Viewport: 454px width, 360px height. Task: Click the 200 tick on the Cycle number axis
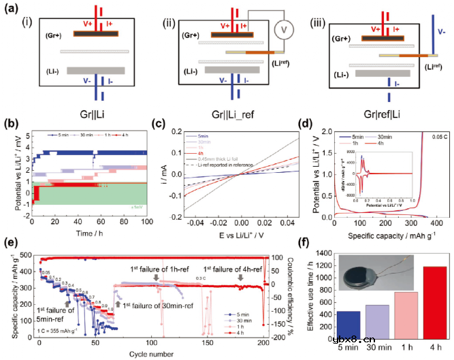[x=263, y=344]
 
